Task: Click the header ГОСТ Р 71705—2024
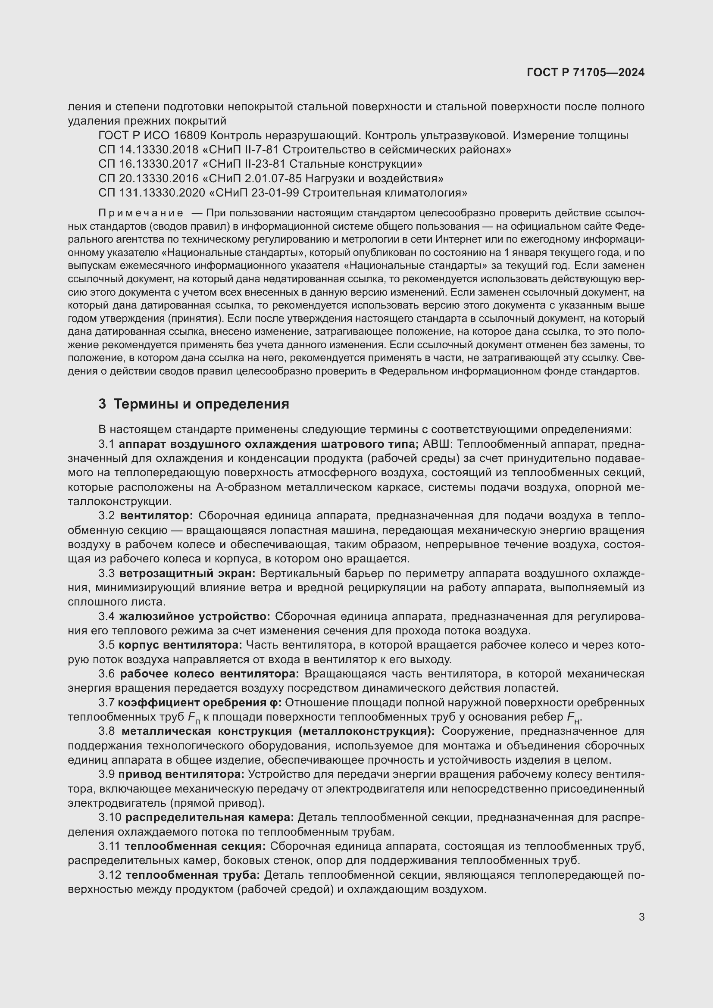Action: tap(585, 72)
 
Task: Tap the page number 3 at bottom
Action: tap(641, 917)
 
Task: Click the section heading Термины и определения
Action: tap(201, 404)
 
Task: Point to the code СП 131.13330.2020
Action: tap(151, 193)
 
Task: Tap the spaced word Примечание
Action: tap(141, 213)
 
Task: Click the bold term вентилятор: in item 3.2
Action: tap(156, 516)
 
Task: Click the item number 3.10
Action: tap(110, 818)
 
